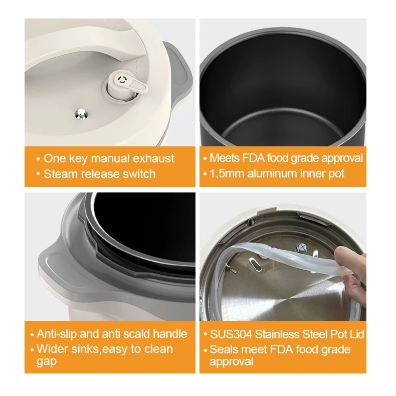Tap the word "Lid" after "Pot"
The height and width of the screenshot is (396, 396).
point(355,334)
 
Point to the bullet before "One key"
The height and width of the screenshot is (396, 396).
point(38,159)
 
